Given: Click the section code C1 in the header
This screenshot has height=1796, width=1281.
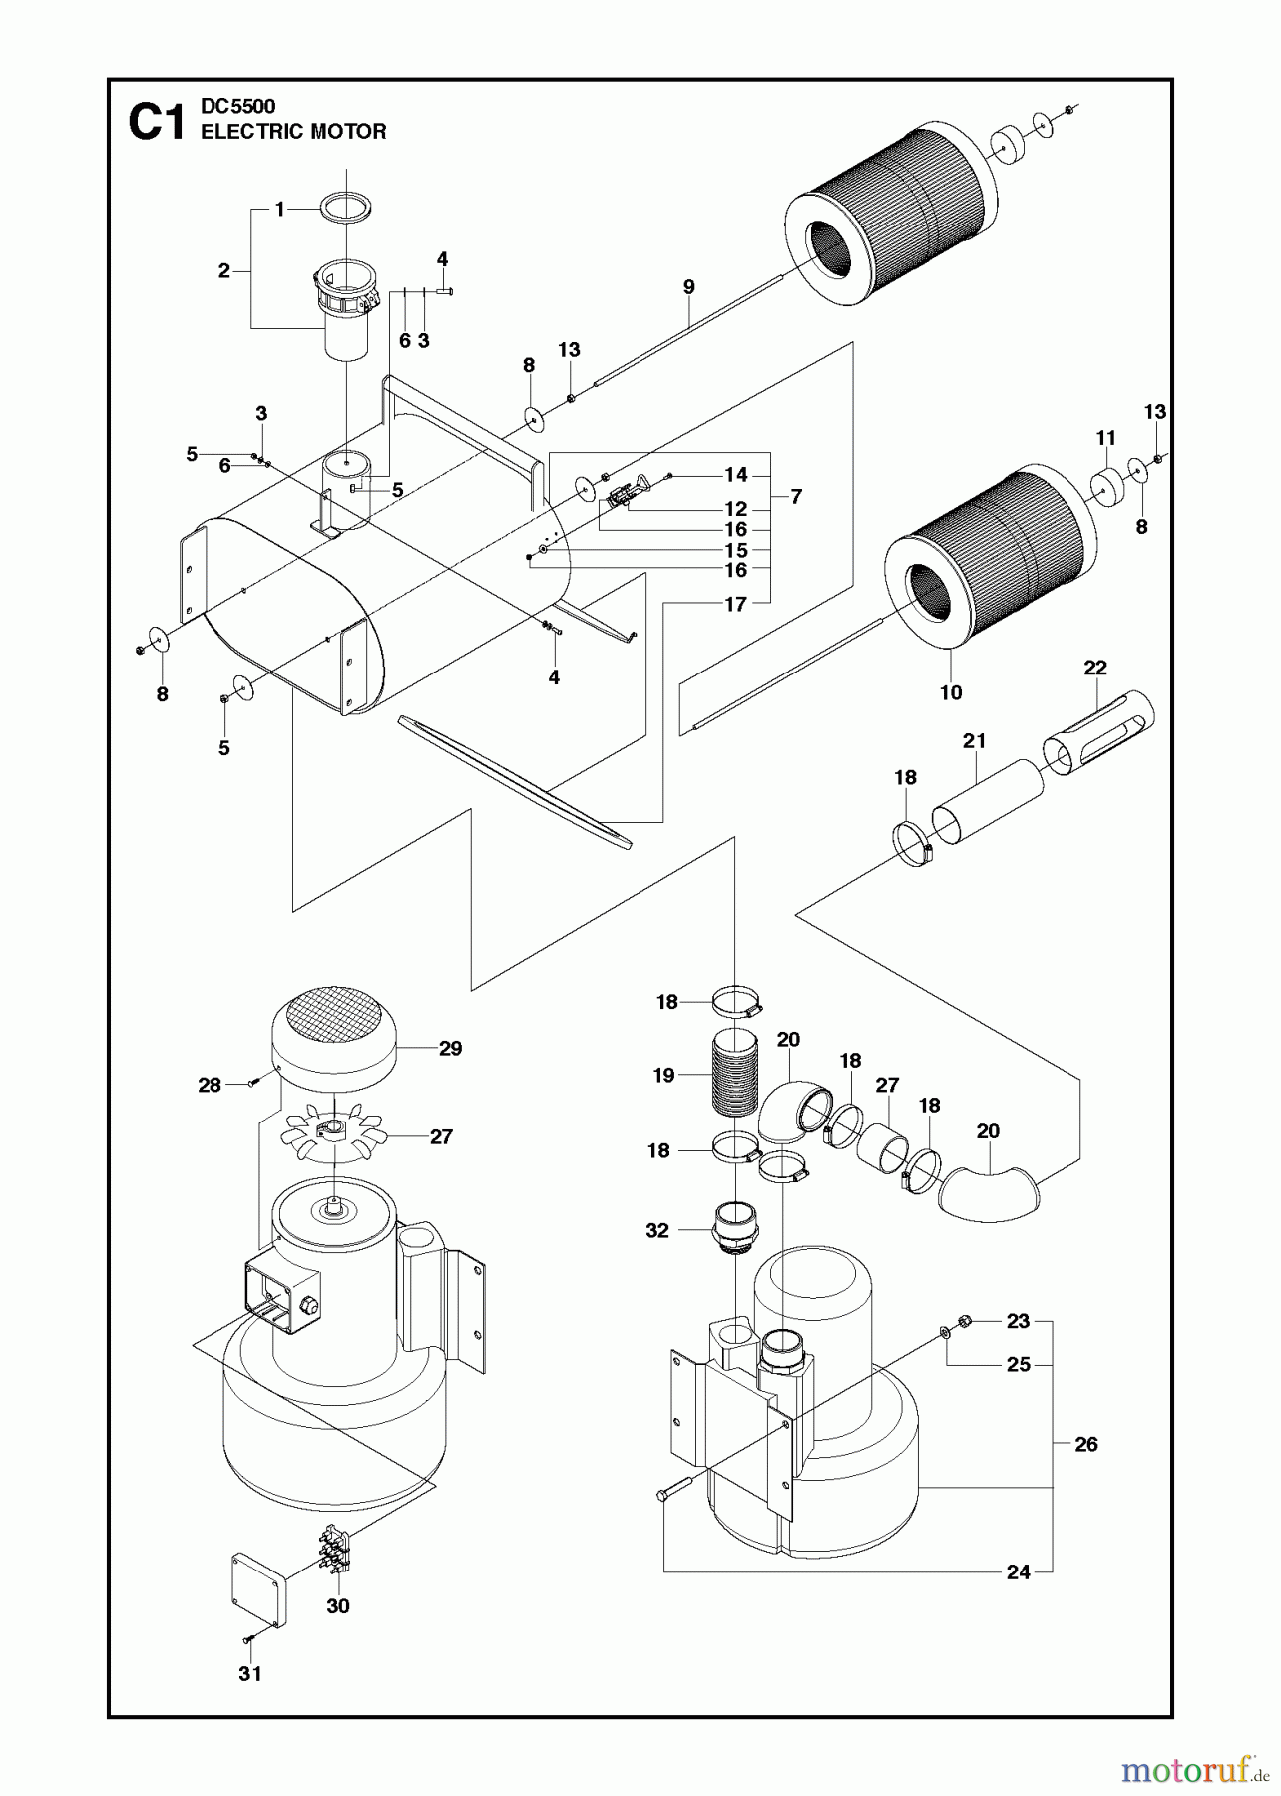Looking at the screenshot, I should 157,123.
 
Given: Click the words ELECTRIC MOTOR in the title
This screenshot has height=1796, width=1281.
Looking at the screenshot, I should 293,132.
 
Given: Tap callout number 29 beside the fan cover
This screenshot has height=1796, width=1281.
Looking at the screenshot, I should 450,1048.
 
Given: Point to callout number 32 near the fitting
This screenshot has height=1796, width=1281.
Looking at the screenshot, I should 656,1230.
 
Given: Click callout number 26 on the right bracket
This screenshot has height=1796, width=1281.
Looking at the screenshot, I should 1085,1444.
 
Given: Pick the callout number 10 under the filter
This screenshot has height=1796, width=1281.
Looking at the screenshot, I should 950,692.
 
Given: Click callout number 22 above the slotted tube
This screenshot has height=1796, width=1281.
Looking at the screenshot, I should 1094,668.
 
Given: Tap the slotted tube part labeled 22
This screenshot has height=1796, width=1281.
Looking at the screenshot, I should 1097,735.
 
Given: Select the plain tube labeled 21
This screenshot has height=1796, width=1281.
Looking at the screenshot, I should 987,802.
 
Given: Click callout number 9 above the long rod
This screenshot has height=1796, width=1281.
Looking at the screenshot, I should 688,287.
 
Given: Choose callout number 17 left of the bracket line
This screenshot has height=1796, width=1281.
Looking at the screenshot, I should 735,604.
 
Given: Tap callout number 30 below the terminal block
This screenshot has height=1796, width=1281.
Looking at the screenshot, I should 338,1606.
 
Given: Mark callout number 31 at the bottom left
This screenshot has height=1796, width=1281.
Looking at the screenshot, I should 250,1673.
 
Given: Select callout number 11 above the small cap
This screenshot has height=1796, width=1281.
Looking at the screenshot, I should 1105,438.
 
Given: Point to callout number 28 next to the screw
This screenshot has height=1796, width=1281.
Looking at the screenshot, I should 209,1085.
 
